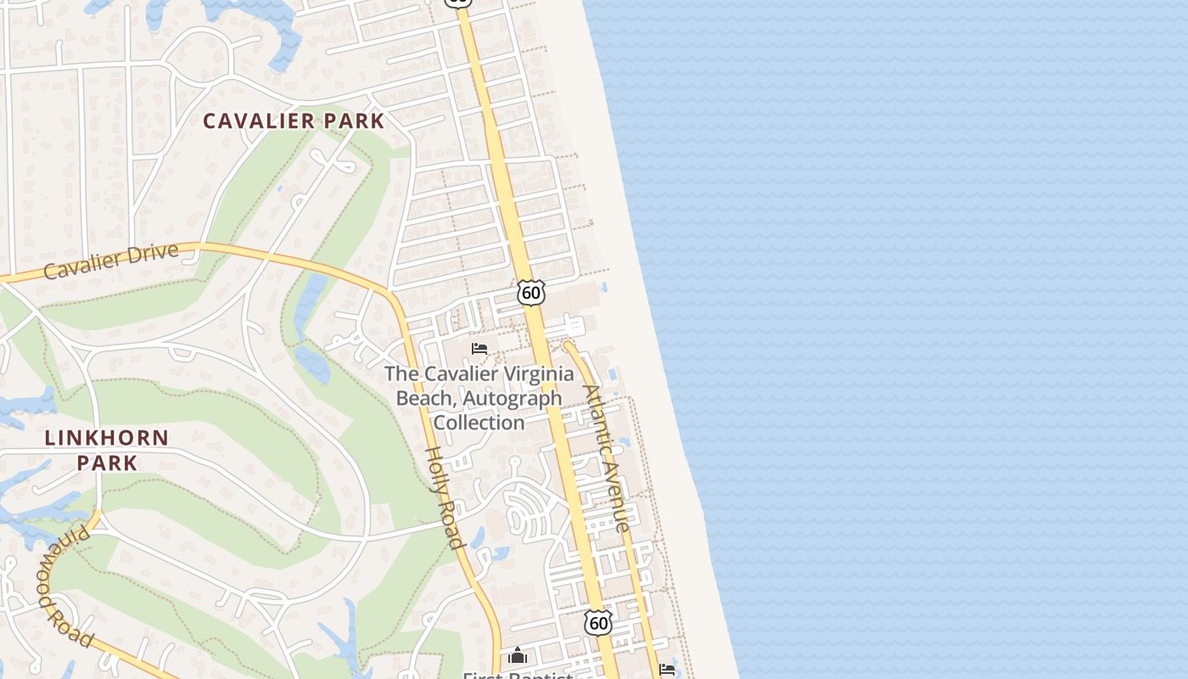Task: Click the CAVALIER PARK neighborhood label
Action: [x=294, y=121]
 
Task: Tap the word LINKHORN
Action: [x=107, y=439]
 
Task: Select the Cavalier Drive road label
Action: [x=111, y=261]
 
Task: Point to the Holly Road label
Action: [x=445, y=497]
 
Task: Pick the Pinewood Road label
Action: [x=64, y=585]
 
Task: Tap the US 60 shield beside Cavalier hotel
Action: [x=531, y=293]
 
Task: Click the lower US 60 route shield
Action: [x=598, y=623]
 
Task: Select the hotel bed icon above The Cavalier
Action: [x=479, y=349]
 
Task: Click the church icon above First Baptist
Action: [x=518, y=655]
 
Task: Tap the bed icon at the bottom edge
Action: [x=668, y=670]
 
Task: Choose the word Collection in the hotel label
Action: [x=479, y=422]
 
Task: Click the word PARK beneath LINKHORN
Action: [x=107, y=463]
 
